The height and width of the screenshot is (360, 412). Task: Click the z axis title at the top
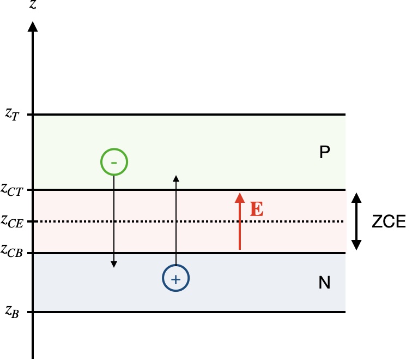click(x=34, y=6)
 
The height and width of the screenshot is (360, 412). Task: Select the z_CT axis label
click(x=12, y=190)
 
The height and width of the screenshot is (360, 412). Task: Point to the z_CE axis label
click(x=12, y=221)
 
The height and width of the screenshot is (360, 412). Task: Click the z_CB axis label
click(x=12, y=251)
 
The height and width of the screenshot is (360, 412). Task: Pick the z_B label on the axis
click(x=12, y=312)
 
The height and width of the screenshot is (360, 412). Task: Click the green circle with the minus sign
click(x=114, y=162)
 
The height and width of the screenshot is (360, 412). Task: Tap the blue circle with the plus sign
click(x=175, y=279)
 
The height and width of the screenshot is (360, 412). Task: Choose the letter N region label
click(x=325, y=283)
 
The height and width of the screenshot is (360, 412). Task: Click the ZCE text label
click(x=389, y=221)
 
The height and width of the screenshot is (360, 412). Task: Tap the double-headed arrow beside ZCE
click(x=356, y=221)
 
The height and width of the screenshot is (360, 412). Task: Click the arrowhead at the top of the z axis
click(x=34, y=26)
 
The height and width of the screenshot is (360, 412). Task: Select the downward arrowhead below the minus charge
click(x=113, y=265)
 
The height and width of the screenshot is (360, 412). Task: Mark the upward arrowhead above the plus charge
click(x=175, y=178)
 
